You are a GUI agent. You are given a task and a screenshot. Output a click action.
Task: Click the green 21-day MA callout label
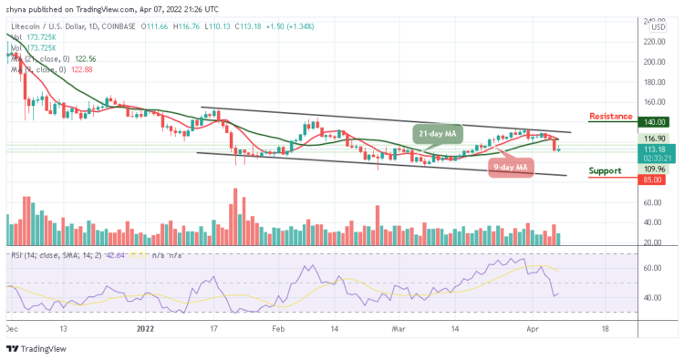coord(435,135)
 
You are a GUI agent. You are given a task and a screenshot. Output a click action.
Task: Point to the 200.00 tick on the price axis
coord(653,62)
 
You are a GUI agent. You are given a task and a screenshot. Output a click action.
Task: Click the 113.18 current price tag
coord(654,149)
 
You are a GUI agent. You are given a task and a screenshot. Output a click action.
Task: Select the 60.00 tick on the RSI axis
coord(653,269)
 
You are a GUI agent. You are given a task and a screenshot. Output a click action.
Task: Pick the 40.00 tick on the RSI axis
coord(653,297)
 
